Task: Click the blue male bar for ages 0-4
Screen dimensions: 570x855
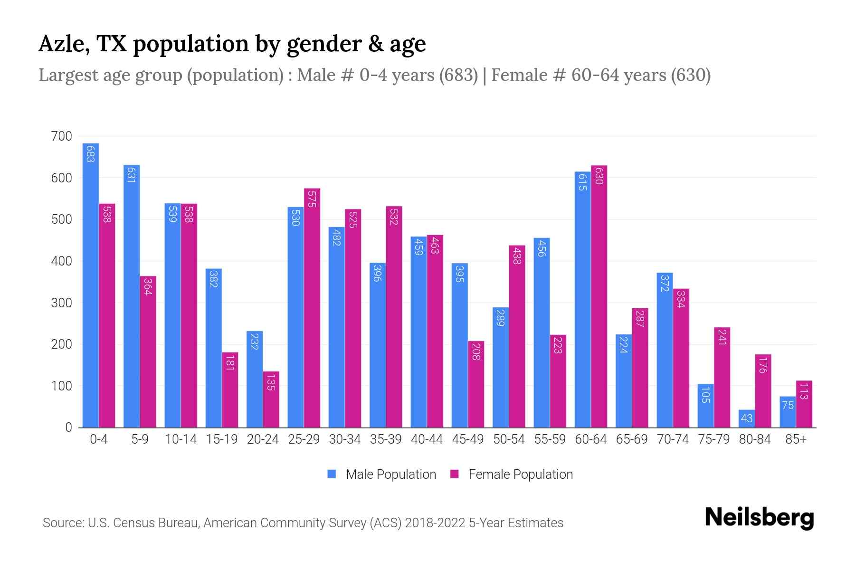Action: (90, 285)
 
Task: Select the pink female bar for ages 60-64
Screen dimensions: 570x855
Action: (599, 297)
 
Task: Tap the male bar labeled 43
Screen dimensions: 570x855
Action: (746, 418)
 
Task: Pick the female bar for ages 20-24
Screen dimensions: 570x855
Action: (271, 399)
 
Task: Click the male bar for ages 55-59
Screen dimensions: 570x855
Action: (541, 332)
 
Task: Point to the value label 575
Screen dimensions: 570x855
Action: (312, 199)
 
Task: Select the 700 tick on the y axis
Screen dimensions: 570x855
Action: (61, 136)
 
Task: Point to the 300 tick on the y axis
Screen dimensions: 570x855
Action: (61, 303)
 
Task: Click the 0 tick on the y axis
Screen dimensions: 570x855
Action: (68, 427)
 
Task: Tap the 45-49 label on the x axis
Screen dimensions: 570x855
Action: (467, 439)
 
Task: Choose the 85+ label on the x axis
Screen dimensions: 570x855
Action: (796, 439)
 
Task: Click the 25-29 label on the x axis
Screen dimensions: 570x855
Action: (304, 439)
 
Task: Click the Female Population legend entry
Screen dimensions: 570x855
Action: (512, 475)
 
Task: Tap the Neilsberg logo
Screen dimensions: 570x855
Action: (759, 518)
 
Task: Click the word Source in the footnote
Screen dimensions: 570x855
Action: (62, 523)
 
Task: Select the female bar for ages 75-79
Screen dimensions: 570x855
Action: (722, 378)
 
